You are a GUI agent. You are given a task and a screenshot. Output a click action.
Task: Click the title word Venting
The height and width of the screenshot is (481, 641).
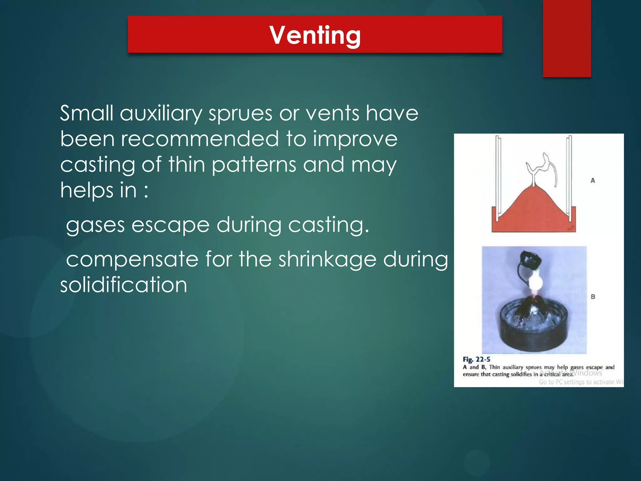click(315, 35)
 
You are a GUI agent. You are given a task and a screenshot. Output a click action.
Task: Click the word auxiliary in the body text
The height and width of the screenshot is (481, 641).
click(161, 113)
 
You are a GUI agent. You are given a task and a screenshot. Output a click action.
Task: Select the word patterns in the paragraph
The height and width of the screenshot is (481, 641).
click(254, 165)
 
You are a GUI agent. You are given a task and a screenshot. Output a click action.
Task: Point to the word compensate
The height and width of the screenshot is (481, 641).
click(132, 260)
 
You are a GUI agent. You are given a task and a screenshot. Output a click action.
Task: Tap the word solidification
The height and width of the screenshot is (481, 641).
click(124, 285)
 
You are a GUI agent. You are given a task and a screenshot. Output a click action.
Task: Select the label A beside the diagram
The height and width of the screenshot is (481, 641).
click(592, 181)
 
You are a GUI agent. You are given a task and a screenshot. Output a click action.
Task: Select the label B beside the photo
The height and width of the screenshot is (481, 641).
click(593, 297)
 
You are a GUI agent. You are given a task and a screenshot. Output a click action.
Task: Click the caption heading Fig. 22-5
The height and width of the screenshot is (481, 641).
click(476, 359)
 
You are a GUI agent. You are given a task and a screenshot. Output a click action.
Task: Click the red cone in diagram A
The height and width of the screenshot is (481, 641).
click(533, 213)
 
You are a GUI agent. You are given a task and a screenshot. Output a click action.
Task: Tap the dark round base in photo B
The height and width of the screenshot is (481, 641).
click(534, 338)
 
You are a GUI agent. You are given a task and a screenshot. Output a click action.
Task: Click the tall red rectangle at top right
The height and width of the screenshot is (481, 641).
click(567, 38)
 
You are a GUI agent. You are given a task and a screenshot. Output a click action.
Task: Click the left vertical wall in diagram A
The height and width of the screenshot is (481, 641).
click(498, 175)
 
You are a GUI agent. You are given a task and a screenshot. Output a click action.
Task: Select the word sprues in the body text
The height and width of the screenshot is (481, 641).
click(240, 113)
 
